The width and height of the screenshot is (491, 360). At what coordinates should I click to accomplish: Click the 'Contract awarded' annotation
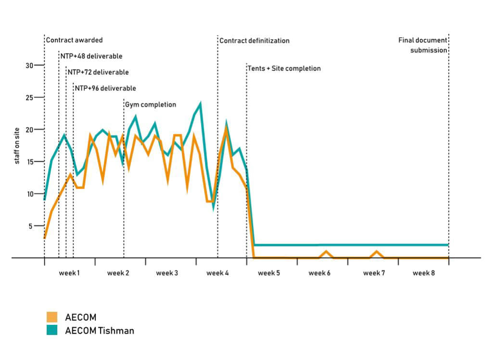click(x=74, y=40)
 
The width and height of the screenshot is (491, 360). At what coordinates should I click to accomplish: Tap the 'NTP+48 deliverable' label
click(x=91, y=56)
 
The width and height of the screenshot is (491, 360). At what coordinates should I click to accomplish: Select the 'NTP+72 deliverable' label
click(x=98, y=72)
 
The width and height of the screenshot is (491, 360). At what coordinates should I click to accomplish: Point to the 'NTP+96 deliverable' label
click(x=105, y=88)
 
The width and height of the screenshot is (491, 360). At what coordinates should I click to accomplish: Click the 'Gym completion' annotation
click(x=151, y=104)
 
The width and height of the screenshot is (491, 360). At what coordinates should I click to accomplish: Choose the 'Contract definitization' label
click(x=254, y=41)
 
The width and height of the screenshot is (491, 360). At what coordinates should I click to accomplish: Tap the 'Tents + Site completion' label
click(x=284, y=68)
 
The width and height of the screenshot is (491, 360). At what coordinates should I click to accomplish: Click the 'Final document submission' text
click(x=423, y=45)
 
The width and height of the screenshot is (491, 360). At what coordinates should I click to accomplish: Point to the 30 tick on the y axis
click(x=29, y=65)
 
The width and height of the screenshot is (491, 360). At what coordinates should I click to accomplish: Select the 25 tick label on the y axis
click(x=29, y=98)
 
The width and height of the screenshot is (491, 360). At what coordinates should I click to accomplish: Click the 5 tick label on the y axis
click(x=31, y=226)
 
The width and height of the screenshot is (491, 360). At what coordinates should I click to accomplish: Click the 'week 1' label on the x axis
click(x=69, y=273)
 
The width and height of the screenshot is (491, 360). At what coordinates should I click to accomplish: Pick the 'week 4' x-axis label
click(x=217, y=273)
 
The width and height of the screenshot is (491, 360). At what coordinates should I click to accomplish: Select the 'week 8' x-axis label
click(x=423, y=273)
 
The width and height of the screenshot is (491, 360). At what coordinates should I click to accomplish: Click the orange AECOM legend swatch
click(x=52, y=317)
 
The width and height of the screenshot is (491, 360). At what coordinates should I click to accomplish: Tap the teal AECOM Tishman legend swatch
click(x=52, y=330)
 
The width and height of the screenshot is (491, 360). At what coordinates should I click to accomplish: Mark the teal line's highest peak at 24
click(x=200, y=103)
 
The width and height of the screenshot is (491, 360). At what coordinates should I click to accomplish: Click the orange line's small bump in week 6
click(x=326, y=251)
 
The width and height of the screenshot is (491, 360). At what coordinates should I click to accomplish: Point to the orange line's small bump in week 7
click(x=377, y=251)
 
